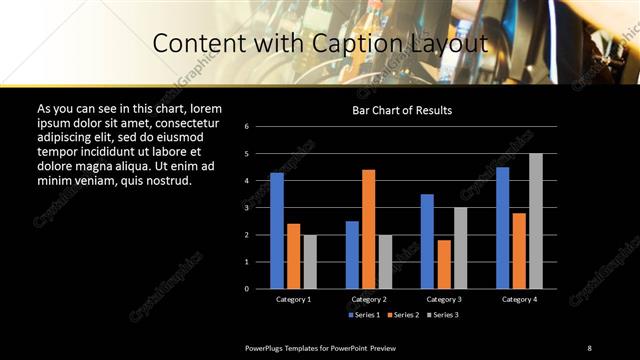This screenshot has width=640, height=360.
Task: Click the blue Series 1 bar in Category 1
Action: click(x=277, y=231)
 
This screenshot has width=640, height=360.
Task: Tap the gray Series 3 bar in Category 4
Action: click(x=536, y=221)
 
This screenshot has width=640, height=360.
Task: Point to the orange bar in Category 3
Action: click(x=443, y=264)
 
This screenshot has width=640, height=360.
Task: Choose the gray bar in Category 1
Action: click(x=309, y=261)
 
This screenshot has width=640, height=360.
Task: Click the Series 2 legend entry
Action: click(x=402, y=314)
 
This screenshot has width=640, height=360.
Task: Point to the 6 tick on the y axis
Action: click(x=260, y=127)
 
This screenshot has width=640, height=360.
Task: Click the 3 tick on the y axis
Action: click(x=260, y=208)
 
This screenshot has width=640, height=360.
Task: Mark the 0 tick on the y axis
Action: click(x=260, y=289)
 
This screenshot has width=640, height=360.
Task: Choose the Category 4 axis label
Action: click(x=519, y=299)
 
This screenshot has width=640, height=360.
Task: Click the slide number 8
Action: click(x=590, y=347)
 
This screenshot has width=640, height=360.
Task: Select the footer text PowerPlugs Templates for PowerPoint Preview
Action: click(x=321, y=347)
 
